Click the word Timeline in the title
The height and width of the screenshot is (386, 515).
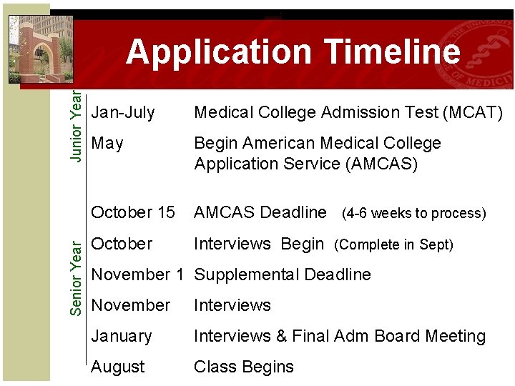pos(392,52)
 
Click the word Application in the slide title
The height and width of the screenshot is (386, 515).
pos(219,52)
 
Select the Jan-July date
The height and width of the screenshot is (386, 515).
pos(123,112)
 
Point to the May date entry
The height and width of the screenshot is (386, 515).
pos(108,144)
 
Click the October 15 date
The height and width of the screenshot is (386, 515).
pos(133,212)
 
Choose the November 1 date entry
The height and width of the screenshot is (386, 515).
pos(140,274)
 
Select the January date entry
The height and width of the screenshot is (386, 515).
pos(122,336)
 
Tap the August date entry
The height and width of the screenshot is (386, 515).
pos(118,367)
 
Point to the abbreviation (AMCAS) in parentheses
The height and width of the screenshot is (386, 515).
pos(381,164)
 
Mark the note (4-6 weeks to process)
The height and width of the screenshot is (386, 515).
pos(414,213)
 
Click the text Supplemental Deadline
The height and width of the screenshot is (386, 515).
pos(283,274)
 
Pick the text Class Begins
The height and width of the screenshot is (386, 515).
pos(244,367)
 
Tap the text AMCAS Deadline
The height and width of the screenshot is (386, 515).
pos(260,212)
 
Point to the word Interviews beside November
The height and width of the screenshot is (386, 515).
pos(232,305)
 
